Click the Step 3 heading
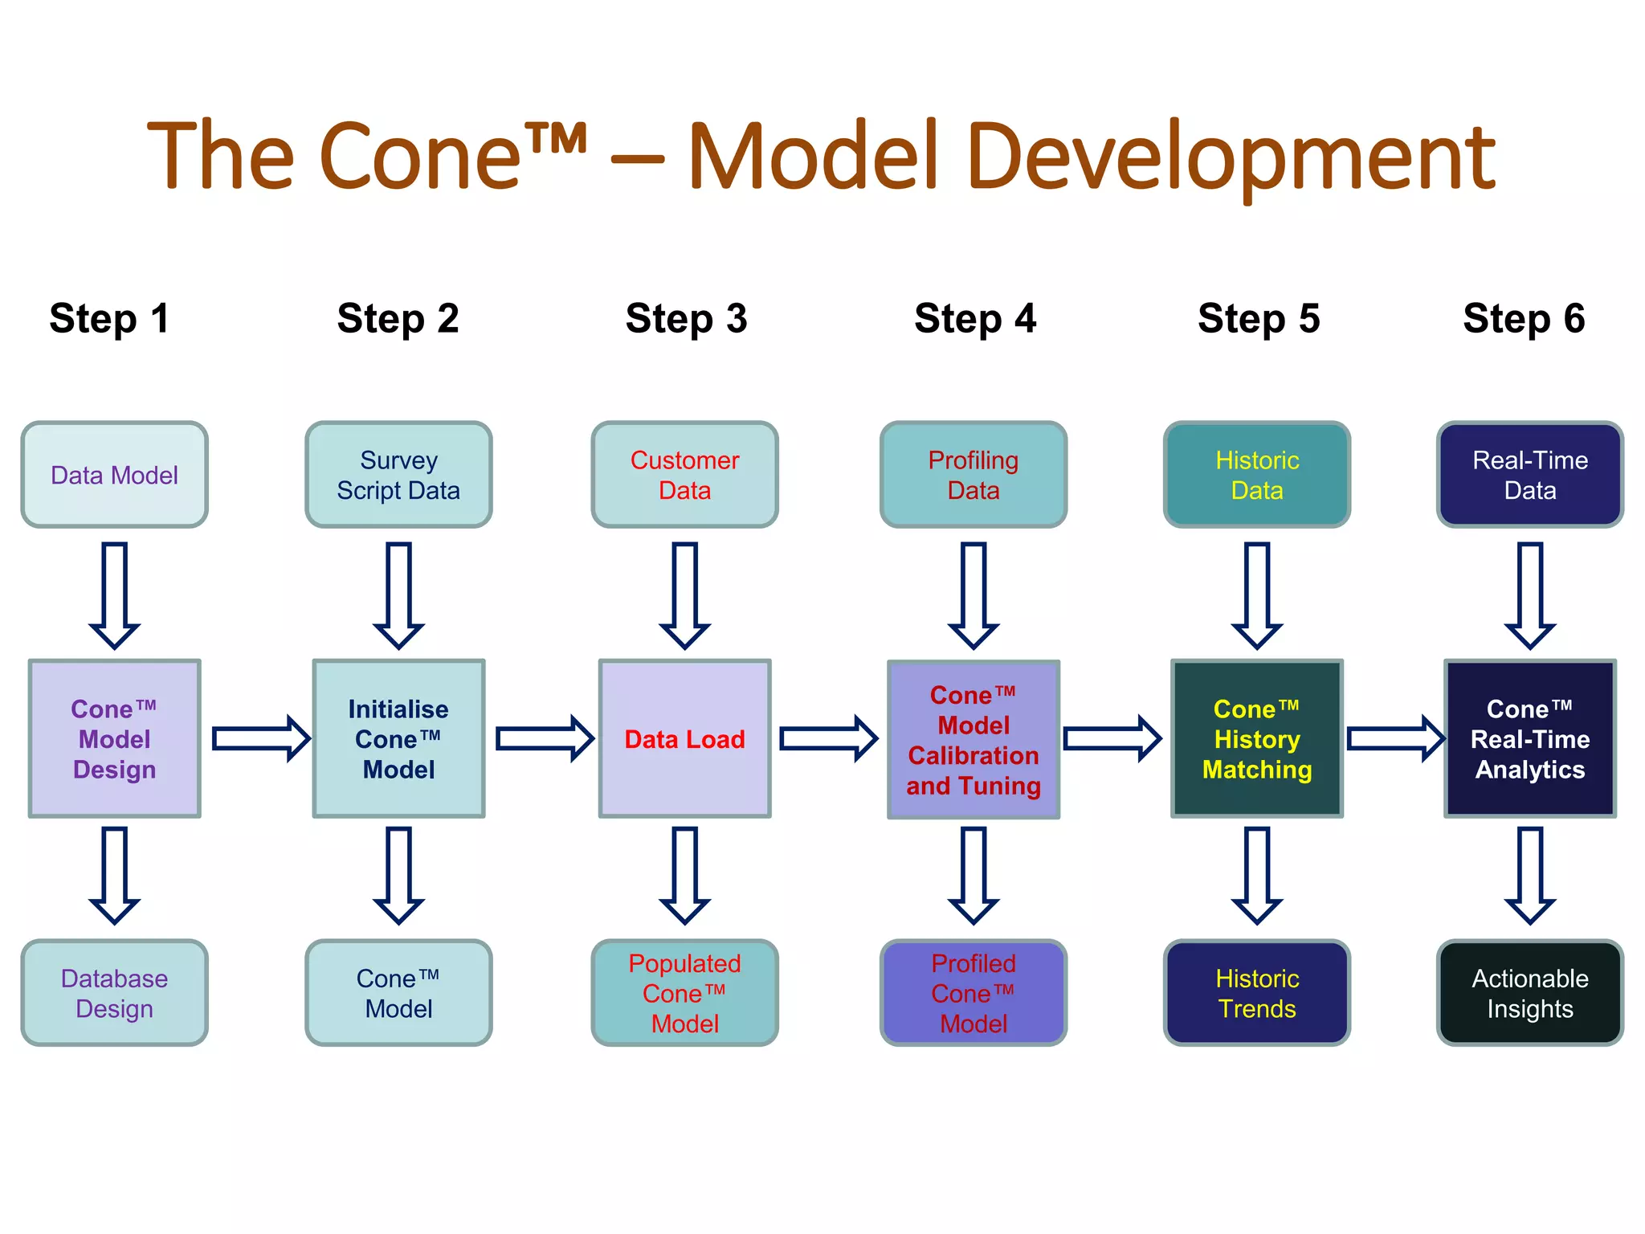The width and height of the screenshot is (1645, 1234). point(686,319)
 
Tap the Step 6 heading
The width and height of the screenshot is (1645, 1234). point(1523,319)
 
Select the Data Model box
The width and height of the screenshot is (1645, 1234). point(114,475)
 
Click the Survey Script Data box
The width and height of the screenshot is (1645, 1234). point(398,475)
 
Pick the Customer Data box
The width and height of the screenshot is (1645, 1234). point(684,475)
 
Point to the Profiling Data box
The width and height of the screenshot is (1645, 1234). point(973,475)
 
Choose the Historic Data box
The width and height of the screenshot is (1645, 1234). point(1256,475)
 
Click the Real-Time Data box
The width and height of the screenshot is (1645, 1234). point(1529,475)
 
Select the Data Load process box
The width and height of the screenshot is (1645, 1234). point(684,739)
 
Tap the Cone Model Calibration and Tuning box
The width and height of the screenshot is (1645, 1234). point(973,739)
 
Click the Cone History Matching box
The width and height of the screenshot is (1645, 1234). point(1256,739)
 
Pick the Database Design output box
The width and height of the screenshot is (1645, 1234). point(114,993)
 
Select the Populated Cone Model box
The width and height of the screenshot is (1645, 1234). point(684,993)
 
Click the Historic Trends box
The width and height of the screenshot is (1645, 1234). point(1256,993)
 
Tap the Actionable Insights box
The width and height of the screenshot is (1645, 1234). point(1529,993)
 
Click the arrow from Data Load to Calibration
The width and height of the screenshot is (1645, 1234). point(828,738)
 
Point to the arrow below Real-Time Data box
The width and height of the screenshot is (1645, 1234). point(1529,595)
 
